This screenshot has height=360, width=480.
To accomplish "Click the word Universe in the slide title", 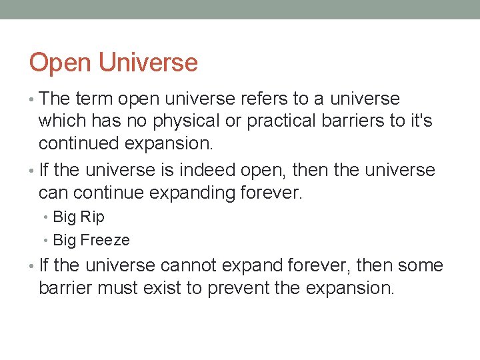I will (x=149, y=63).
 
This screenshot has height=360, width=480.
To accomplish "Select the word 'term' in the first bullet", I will (x=94, y=99).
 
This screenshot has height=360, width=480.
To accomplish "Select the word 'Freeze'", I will (x=105, y=240).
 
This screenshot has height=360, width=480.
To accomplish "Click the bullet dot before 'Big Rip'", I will (x=46, y=217).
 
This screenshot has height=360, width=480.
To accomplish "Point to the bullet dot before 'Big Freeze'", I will (x=46, y=240).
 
